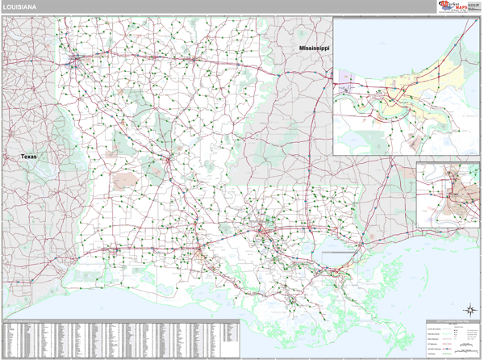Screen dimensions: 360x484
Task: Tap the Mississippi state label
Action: pyautogui.click(x=315, y=49)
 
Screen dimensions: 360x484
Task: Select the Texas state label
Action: pyautogui.click(x=28, y=156)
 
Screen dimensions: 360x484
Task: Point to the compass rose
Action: pyautogui.click(x=469, y=310)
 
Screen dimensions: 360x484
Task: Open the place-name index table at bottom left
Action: pyautogui.click(x=121, y=339)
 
